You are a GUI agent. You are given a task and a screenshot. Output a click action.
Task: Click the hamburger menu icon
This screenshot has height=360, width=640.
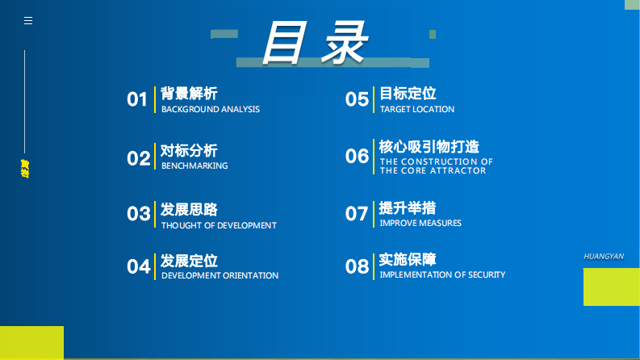point(28,21)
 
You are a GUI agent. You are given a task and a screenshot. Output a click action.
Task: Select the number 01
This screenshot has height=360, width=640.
point(138,100)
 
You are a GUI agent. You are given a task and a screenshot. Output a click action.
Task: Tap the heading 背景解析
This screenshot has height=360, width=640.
point(189,94)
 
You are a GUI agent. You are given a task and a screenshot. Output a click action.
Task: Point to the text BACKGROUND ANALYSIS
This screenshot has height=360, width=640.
point(211,110)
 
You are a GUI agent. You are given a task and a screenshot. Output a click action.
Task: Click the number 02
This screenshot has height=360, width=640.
point(139,158)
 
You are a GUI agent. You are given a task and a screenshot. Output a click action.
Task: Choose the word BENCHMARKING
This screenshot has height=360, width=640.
point(195,166)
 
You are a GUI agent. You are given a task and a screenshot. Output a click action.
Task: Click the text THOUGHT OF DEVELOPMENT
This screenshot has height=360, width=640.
point(219,226)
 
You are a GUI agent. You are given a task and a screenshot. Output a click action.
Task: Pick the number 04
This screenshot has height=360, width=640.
point(139,266)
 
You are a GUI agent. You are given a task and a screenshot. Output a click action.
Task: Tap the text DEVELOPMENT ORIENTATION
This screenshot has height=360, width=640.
point(220,276)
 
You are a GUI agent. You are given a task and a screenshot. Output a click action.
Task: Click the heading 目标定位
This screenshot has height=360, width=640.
point(408,94)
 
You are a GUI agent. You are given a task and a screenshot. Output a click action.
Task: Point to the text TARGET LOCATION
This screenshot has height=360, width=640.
point(417,110)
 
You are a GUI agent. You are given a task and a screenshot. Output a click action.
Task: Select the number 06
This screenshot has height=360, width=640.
point(358,156)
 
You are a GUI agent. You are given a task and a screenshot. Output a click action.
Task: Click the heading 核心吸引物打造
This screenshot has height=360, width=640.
point(429,147)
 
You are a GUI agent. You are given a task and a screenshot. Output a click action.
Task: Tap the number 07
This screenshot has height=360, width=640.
point(358,214)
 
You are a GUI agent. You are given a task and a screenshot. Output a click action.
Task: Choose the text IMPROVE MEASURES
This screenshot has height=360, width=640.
point(420,224)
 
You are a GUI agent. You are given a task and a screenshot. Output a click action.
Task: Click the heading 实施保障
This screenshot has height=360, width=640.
point(408,260)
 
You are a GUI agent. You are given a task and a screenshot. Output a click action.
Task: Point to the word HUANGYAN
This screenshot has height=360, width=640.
point(604,256)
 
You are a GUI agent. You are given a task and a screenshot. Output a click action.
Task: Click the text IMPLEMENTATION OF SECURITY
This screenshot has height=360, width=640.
point(442,275)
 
